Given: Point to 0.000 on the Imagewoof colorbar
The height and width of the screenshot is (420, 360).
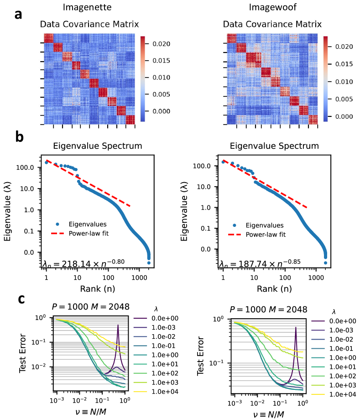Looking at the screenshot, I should tap(343, 116).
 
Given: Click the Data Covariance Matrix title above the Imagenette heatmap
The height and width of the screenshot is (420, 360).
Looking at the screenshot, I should tap(89, 24).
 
